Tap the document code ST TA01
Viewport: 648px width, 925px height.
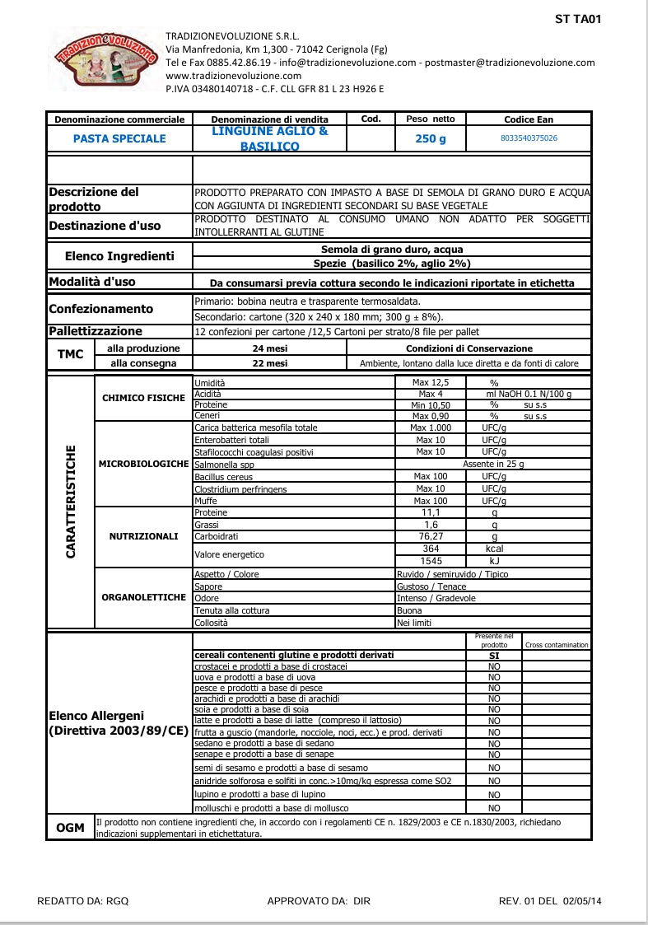[x=579, y=19]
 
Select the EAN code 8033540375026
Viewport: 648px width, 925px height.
[x=529, y=138]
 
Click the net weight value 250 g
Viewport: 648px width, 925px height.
[x=431, y=139]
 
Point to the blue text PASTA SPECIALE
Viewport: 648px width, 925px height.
[x=119, y=138]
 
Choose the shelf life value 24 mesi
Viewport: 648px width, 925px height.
[x=270, y=348]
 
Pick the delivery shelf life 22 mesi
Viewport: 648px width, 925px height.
[x=270, y=362]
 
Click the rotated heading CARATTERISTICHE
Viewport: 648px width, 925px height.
[x=71, y=502]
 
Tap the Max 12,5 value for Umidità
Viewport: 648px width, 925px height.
[x=431, y=382]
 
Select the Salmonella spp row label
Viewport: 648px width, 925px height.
[x=224, y=465]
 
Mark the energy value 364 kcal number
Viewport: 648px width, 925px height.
[x=431, y=549]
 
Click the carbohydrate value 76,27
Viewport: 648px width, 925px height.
[x=431, y=536]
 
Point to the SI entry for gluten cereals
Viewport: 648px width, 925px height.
[x=494, y=656]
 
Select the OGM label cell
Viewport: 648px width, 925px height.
[x=71, y=828]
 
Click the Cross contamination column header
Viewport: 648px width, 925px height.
[x=557, y=645]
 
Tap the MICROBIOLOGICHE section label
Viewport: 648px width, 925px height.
[x=143, y=464]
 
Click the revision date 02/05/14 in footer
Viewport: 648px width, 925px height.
[x=582, y=901]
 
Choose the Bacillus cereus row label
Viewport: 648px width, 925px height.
[x=223, y=477]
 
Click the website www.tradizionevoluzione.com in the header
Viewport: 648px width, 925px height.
[x=223, y=75]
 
